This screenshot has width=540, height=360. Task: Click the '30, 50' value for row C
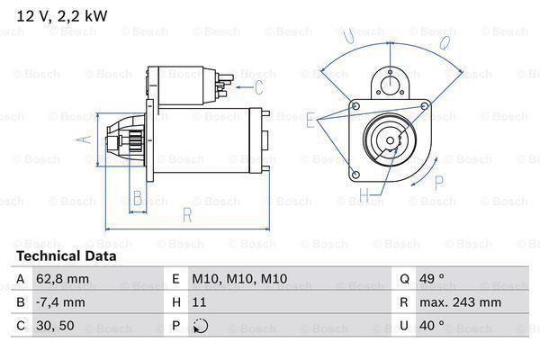pyautogui.click(x=55, y=327)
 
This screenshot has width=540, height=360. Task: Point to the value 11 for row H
pyautogui.click(x=199, y=303)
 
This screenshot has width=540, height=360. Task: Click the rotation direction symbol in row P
pyautogui.click(x=200, y=327)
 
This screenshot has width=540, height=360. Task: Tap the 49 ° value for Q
pyautogui.click(x=435, y=280)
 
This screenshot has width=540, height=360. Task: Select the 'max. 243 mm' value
pyautogui.click(x=462, y=303)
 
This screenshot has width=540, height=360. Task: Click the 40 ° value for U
pyautogui.click(x=435, y=327)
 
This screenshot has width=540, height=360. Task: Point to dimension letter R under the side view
pyautogui.click(x=186, y=215)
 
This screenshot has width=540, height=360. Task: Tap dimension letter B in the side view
pyautogui.click(x=138, y=197)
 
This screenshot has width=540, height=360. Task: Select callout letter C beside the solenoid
pyautogui.click(x=258, y=87)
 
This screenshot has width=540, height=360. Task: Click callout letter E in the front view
pyautogui.click(x=310, y=119)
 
